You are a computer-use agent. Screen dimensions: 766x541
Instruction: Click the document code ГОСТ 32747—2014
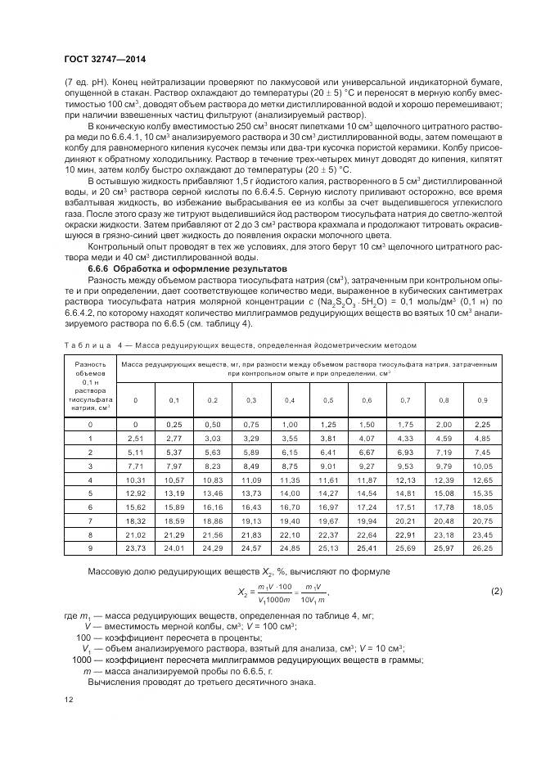click(x=99, y=59)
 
